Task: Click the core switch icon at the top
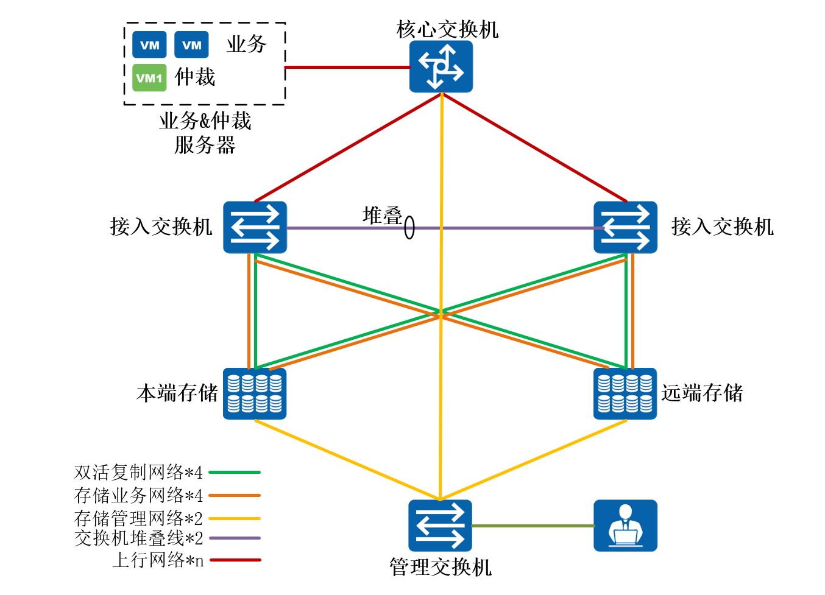click(x=441, y=66)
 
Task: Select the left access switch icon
click(x=255, y=227)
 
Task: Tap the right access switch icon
click(x=625, y=227)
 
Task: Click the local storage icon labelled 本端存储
click(x=255, y=393)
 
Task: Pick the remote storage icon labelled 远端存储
click(x=625, y=393)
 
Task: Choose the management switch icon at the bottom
click(x=440, y=526)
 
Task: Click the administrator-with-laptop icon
click(x=625, y=526)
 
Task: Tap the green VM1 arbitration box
click(x=149, y=78)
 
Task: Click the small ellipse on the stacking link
click(x=409, y=228)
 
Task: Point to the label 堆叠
click(x=382, y=215)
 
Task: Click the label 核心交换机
click(x=447, y=29)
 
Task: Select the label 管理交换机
click(x=440, y=567)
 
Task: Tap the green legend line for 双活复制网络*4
click(x=235, y=472)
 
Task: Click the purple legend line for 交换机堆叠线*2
click(x=235, y=538)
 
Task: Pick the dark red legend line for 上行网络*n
click(x=235, y=560)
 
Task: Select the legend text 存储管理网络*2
click(x=138, y=518)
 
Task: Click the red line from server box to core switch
click(x=347, y=67)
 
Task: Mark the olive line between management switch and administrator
click(x=533, y=526)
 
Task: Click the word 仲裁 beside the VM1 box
click(x=195, y=77)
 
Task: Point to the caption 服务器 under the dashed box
click(x=205, y=145)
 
